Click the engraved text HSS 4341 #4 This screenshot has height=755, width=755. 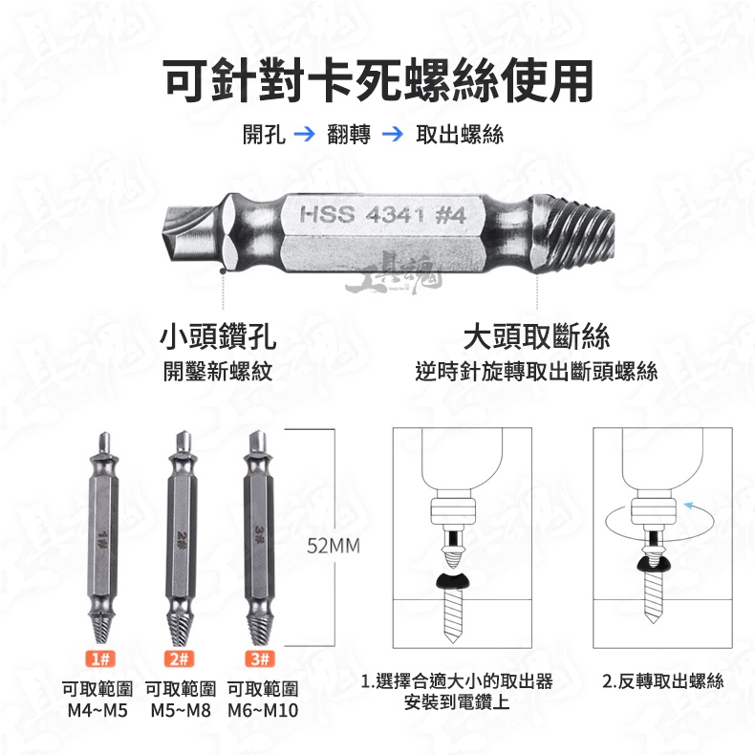click(x=383, y=214)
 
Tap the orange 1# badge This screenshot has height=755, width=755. click(x=100, y=658)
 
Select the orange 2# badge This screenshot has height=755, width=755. click(x=179, y=658)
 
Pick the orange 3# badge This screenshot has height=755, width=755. click(x=260, y=658)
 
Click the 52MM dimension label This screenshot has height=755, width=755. click(x=334, y=546)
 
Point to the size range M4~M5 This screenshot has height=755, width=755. click(x=97, y=710)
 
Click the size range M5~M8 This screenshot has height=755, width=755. click(x=181, y=710)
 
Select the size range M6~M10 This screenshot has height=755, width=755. click(x=263, y=710)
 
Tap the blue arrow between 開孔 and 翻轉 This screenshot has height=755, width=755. click(x=304, y=134)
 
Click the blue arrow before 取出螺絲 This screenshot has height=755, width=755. click(x=393, y=134)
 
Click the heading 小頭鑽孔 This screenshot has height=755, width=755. click(x=218, y=336)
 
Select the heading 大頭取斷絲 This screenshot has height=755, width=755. click(x=536, y=336)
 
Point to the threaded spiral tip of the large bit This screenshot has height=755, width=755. click(x=575, y=233)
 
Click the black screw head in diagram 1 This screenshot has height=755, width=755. click(x=455, y=581)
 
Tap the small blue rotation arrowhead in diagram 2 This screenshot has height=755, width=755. click(x=688, y=506)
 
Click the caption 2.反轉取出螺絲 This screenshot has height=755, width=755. click(x=663, y=681)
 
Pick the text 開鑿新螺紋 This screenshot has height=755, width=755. click(x=218, y=371)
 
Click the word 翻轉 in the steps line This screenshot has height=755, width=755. click(x=349, y=134)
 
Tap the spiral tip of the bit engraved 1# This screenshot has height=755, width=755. click(x=101, y=627)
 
